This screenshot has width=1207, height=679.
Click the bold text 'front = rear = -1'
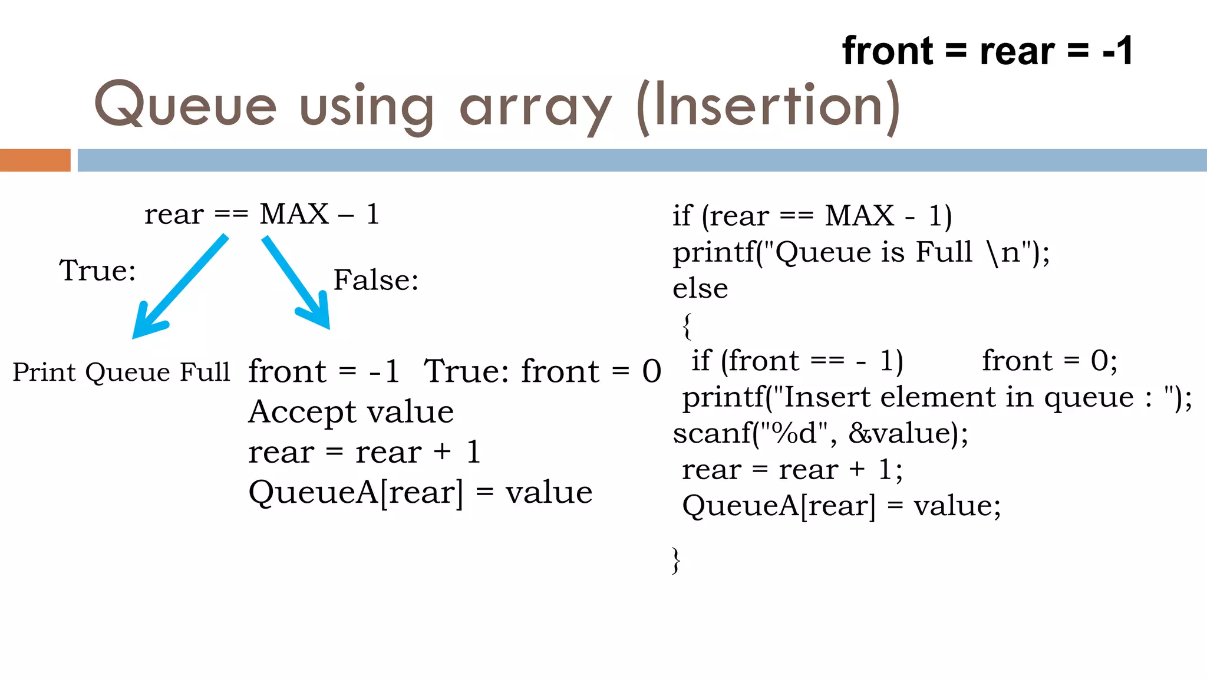987,51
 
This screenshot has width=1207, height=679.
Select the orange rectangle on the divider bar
35,160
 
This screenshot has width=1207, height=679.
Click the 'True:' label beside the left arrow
97,271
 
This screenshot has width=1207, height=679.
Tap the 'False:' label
376,280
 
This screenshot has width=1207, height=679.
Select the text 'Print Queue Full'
121,373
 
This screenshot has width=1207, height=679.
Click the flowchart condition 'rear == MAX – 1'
262,214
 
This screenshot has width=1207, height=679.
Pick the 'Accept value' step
351,412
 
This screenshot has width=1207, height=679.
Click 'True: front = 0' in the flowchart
542,371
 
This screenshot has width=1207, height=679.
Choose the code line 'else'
700,289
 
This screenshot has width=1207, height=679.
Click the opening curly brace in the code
687,326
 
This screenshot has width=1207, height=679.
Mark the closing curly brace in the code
677,560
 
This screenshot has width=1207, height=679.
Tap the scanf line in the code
820,434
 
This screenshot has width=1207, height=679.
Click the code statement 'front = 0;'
1050,361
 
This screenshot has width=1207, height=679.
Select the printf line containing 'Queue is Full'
861,252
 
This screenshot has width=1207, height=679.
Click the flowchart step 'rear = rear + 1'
364,453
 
